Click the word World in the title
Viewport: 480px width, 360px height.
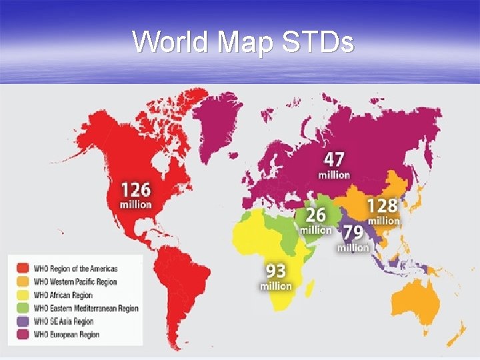[170, 42]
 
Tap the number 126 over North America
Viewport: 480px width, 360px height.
[135, 189]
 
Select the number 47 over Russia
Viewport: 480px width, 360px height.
[334, 161]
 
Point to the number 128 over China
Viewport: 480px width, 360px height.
[382, 205]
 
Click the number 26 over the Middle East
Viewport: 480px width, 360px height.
[315, 215]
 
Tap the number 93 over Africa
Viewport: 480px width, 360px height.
[276, 271]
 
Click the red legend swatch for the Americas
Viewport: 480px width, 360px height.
[21, 269]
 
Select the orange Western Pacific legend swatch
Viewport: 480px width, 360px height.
[21, 281]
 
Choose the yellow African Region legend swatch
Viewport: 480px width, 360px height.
[21, 295]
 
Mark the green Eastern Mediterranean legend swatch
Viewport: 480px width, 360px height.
[21, 308]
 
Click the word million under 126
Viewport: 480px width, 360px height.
[135, 205]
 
